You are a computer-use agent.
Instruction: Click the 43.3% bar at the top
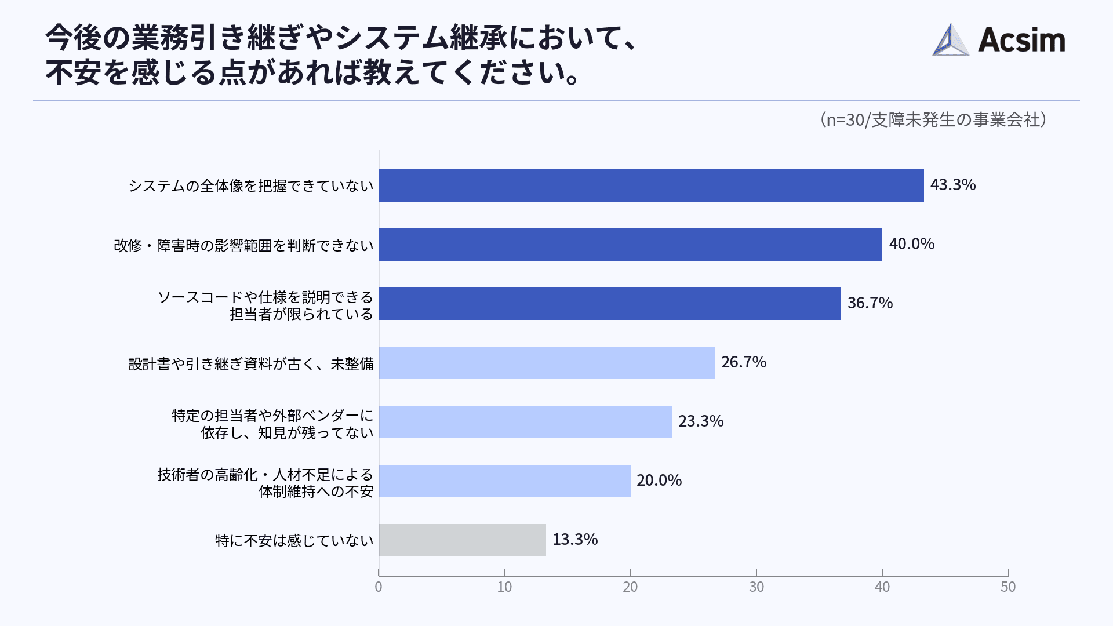pos(651,185)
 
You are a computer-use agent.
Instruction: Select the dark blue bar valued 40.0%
pos(630,245)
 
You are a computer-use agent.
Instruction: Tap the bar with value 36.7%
pos(610,304)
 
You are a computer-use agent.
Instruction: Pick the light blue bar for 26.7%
pos(547,363)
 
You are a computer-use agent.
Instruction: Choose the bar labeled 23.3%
pos(525,422)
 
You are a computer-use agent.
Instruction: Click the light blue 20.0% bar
pos(504,481)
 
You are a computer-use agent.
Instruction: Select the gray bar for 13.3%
pos(462,540)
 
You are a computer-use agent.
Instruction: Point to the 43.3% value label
pos(952,185)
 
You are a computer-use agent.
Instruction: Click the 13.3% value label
pos(574,540)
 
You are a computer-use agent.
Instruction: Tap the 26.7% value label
pos(743,362)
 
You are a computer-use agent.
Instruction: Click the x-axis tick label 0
pos(379,587)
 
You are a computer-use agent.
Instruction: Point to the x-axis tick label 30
pos(756,587)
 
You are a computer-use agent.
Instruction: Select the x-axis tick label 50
pos(1007,587)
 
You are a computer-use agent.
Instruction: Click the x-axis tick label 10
pos(504,587)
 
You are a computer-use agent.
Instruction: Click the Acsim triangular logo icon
pos(950,41)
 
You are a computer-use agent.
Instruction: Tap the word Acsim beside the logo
pos(1021,41)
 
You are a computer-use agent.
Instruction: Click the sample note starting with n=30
pos(933,120)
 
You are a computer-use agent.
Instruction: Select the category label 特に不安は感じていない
pos(294,541)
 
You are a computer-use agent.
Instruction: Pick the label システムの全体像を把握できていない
pos(250,186)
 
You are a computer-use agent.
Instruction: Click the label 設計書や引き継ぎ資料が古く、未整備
pos(250,364)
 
